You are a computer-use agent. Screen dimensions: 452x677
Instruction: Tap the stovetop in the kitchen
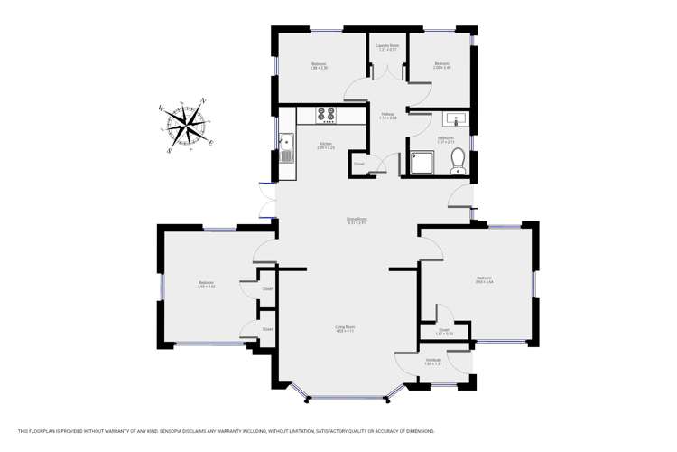pos(326,115)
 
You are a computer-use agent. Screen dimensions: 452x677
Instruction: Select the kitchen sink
pos(287,146)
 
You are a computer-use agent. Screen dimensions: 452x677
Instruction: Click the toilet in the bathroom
pos(458,160)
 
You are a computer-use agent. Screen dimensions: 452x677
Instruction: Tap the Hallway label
pos(387,116)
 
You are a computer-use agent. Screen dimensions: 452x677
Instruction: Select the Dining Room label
pos(357,220)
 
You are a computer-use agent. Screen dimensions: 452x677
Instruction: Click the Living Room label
pos(345,328)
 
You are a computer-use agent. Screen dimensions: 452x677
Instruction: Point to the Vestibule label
pos(433,362)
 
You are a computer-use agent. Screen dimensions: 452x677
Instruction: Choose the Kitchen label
pos(326,145)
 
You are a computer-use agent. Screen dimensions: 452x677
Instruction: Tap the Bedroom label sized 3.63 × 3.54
pos(483,279)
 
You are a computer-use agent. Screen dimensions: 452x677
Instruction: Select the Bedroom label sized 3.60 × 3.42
pos(206,285)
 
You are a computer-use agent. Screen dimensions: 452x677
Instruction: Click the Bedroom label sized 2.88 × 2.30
pos(319,65)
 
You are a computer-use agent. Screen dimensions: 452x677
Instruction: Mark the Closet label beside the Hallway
pos(358,164)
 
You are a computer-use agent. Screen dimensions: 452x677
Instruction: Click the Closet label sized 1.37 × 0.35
pos(444,332)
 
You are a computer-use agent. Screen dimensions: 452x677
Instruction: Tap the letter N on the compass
pos(205,102)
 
